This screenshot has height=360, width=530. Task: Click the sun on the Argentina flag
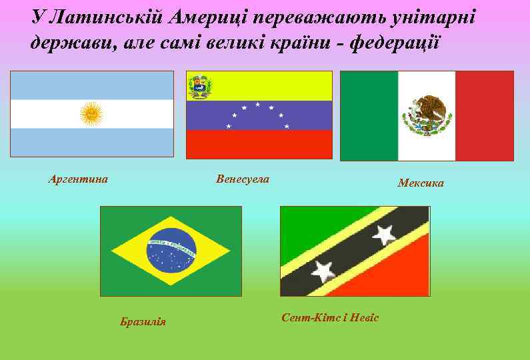(91, 114)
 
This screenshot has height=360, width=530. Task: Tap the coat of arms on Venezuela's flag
(198, 87)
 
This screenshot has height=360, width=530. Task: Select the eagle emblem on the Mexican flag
(427, 114)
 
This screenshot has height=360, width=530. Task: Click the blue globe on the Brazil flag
(171, 251)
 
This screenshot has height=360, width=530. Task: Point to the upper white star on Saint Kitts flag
(383, 234)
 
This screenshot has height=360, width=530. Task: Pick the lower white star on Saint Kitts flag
(323, 270)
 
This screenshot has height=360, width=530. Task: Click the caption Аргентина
(79, 179)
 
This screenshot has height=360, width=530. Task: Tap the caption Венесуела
(243, 179)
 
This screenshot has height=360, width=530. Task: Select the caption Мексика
(421, 183)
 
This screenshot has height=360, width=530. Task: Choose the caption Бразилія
(143, 323)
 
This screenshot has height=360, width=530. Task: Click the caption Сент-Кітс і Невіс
(330, 317)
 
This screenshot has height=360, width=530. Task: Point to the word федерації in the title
(396, 43)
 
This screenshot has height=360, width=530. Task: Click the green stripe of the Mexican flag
(369, 116)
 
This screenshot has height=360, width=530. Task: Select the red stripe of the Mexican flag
(484, 116)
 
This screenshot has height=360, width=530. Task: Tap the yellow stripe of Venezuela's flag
(267, 85)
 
